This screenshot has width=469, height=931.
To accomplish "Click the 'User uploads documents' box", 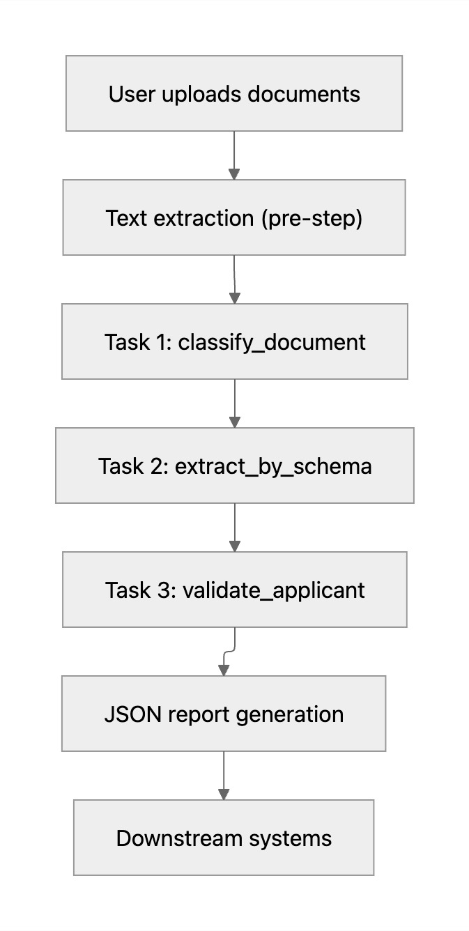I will (234, 93).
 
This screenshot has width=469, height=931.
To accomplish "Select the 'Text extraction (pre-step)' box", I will (234, 217).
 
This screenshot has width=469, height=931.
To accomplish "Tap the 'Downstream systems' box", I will (224, 838).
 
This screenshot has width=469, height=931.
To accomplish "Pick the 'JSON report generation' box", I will (224, 714).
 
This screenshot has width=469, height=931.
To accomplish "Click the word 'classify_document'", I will (272, 342).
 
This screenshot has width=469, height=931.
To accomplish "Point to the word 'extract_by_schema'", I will (273, 465).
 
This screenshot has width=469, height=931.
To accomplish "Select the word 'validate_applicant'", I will (273, 590).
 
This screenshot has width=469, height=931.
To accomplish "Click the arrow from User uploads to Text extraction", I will (234, 155).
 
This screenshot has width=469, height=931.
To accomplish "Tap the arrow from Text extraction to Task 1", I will (234, 279).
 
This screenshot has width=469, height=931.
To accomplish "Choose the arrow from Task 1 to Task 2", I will (235, 403).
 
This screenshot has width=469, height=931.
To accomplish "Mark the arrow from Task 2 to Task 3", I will (235, 527).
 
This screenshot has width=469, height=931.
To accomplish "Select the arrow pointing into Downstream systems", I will (224, 775).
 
